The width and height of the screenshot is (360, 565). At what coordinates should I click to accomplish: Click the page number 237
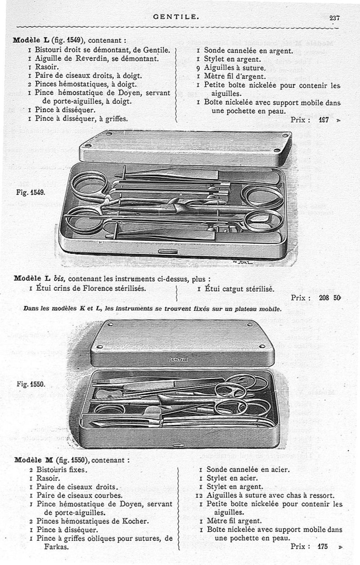[334, 18]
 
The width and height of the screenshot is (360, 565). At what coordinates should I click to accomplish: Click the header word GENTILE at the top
[175, 17]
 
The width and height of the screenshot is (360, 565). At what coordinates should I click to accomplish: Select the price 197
[324, 120]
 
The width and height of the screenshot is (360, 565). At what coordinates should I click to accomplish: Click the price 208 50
[330, 297]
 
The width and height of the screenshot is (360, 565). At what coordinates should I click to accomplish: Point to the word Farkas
[57, 547]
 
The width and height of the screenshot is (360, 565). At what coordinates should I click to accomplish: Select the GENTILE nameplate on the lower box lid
[179, 359]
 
